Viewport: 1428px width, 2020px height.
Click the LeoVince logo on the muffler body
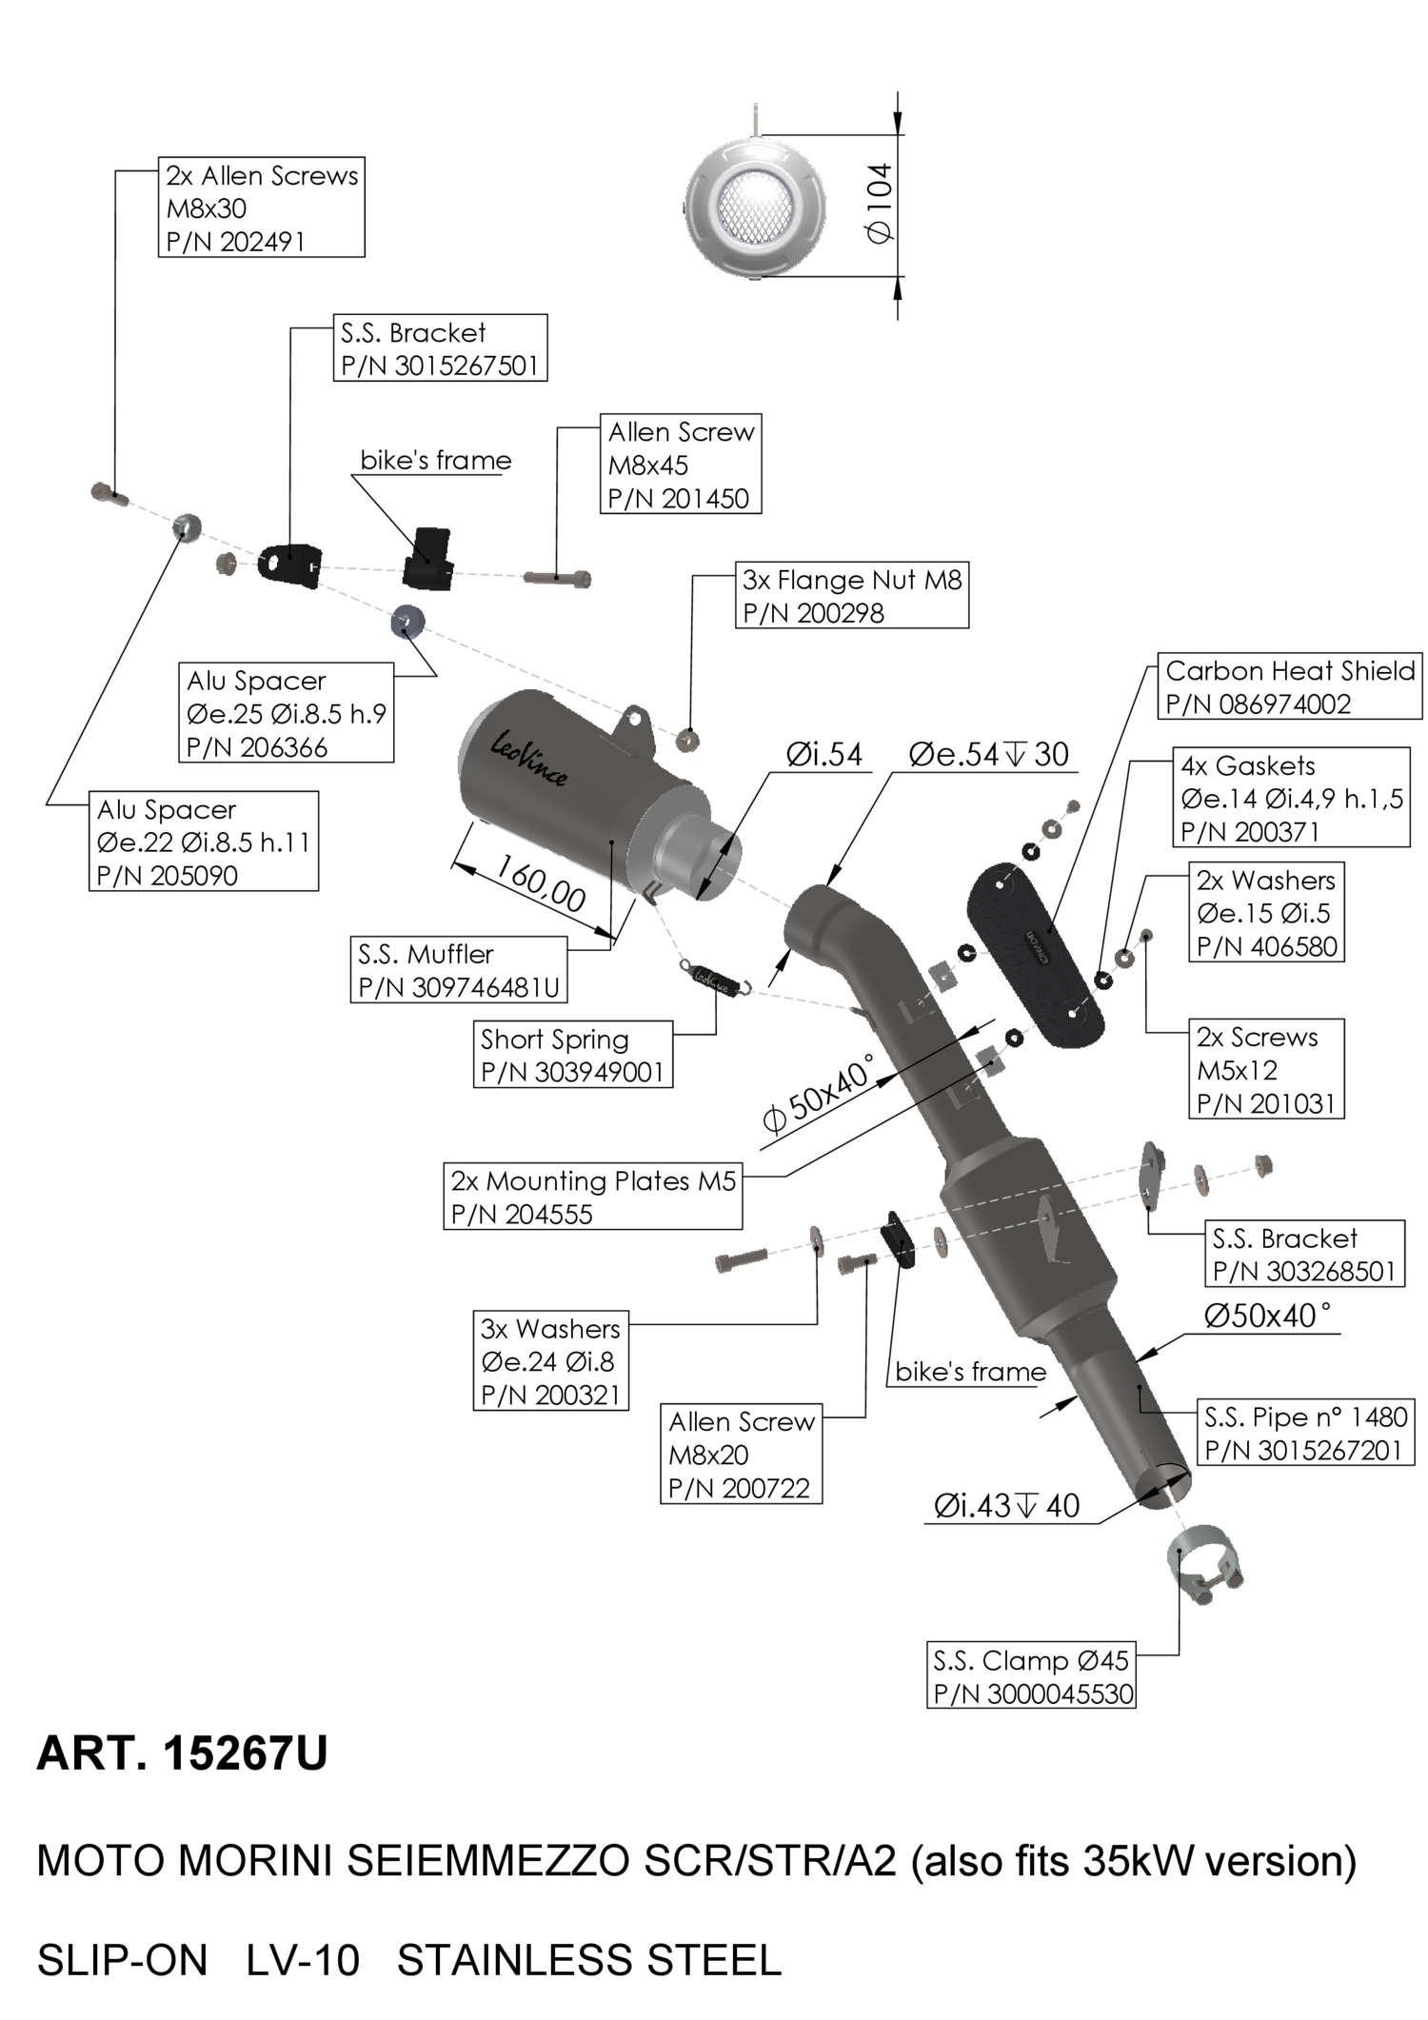pyautogui.click(x=530, y=759)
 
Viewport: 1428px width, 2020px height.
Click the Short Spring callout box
pyautogui.click(x=572, y=1055)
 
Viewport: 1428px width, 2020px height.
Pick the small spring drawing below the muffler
pyautogui.click(x=716, y=978)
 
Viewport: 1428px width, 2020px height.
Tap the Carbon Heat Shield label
pyautogui.click(x=1289, y=686)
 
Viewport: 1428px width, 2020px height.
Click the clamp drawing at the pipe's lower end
pyautogui.click(x=1203, y=1564)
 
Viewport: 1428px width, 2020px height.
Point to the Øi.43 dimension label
pyautogui.click(x=1006, y=1505)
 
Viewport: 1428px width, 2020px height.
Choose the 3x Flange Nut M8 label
pyautogui.click(x=852, y=596)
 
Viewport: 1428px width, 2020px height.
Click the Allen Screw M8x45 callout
pyautogui.click(x=680, y=465)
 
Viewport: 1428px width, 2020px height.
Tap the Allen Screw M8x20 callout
pyautogui.click(x=741, y=1454)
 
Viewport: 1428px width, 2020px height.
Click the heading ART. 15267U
pyautogui.click(x=182, y=1753)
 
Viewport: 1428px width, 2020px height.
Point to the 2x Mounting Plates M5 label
pyautogui.click(x=592, y=1197)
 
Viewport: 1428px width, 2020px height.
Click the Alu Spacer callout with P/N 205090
pyautogui.click(x=204, y=842)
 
